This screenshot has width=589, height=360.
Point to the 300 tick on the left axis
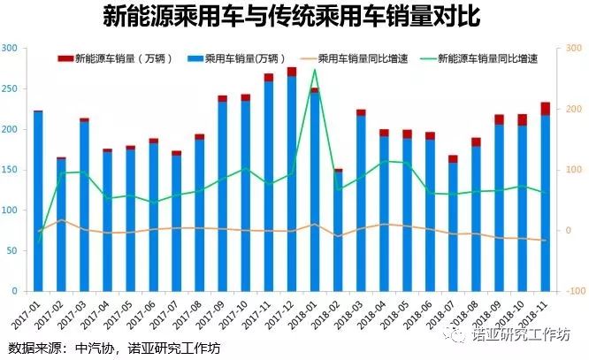coord(12,48)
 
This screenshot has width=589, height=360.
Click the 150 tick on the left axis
coord(12,170)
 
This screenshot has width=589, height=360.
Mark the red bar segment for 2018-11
coord(546,109)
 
